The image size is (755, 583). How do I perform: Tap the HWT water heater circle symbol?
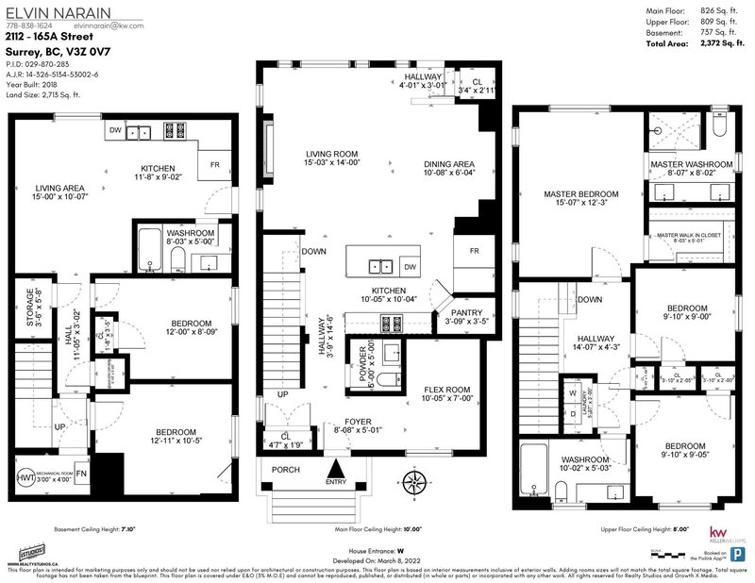point(24,479)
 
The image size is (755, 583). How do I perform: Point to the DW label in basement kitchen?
point(114,131)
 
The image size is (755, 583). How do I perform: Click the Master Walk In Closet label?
point(687,239)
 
